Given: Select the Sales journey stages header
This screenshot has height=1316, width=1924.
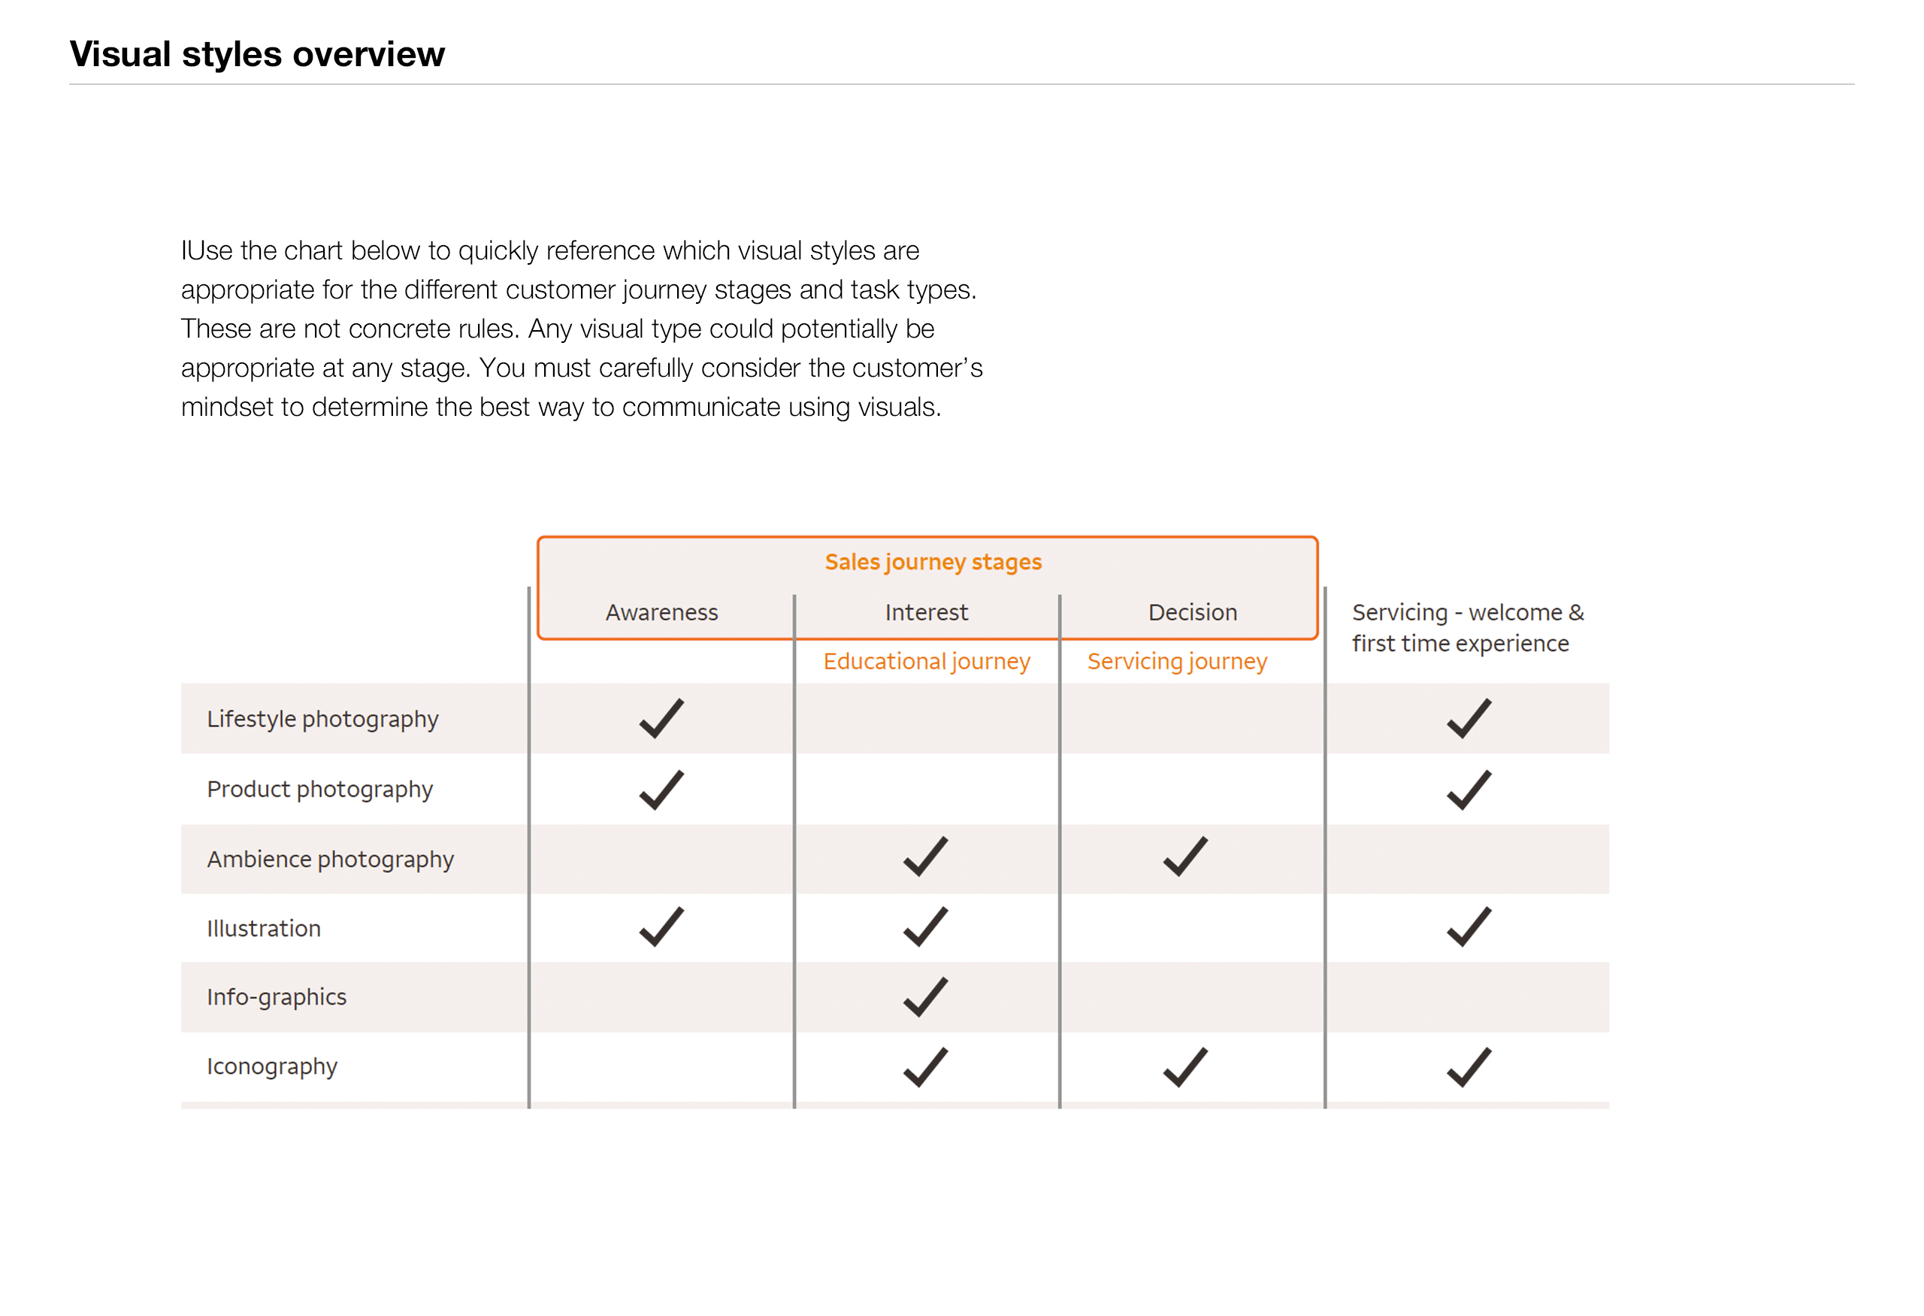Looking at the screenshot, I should (x=933, y=562).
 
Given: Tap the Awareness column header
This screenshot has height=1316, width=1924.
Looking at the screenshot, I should (x=661, y=613).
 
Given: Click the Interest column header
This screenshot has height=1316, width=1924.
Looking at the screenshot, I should (x=927, y=613).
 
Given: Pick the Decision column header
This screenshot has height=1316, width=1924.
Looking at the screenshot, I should (x=1192, y=613).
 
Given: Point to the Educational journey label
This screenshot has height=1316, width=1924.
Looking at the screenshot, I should (x=927, y=662).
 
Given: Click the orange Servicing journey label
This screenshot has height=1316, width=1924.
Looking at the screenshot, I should (x=1176, y=662).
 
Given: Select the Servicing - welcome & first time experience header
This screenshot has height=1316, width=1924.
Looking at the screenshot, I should (x=1467, y=628).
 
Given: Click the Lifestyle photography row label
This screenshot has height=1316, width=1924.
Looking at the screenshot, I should (x=322, y=719).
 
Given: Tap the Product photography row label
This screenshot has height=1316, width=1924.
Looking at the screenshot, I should (x=319, y=790).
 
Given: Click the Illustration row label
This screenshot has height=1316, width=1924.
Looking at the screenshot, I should (x=263, y=929).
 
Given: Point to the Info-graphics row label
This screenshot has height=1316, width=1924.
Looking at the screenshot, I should (x=277, y=997).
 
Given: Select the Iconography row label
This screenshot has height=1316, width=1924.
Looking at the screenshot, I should (x=271, y=1067).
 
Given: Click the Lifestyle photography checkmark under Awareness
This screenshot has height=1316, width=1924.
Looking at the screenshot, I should (x=661, y=718).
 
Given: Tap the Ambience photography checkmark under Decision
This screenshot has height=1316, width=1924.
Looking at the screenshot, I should (x=1185, y=857).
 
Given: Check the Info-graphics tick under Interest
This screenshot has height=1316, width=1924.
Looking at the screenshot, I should (x=926, y=997).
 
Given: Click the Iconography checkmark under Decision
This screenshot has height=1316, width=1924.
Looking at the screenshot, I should (x=1185, y=1068).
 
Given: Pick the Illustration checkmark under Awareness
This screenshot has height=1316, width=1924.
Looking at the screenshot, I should (x=661, y=926).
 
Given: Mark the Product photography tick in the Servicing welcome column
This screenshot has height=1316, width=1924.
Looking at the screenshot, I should (x=1469, y=790).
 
